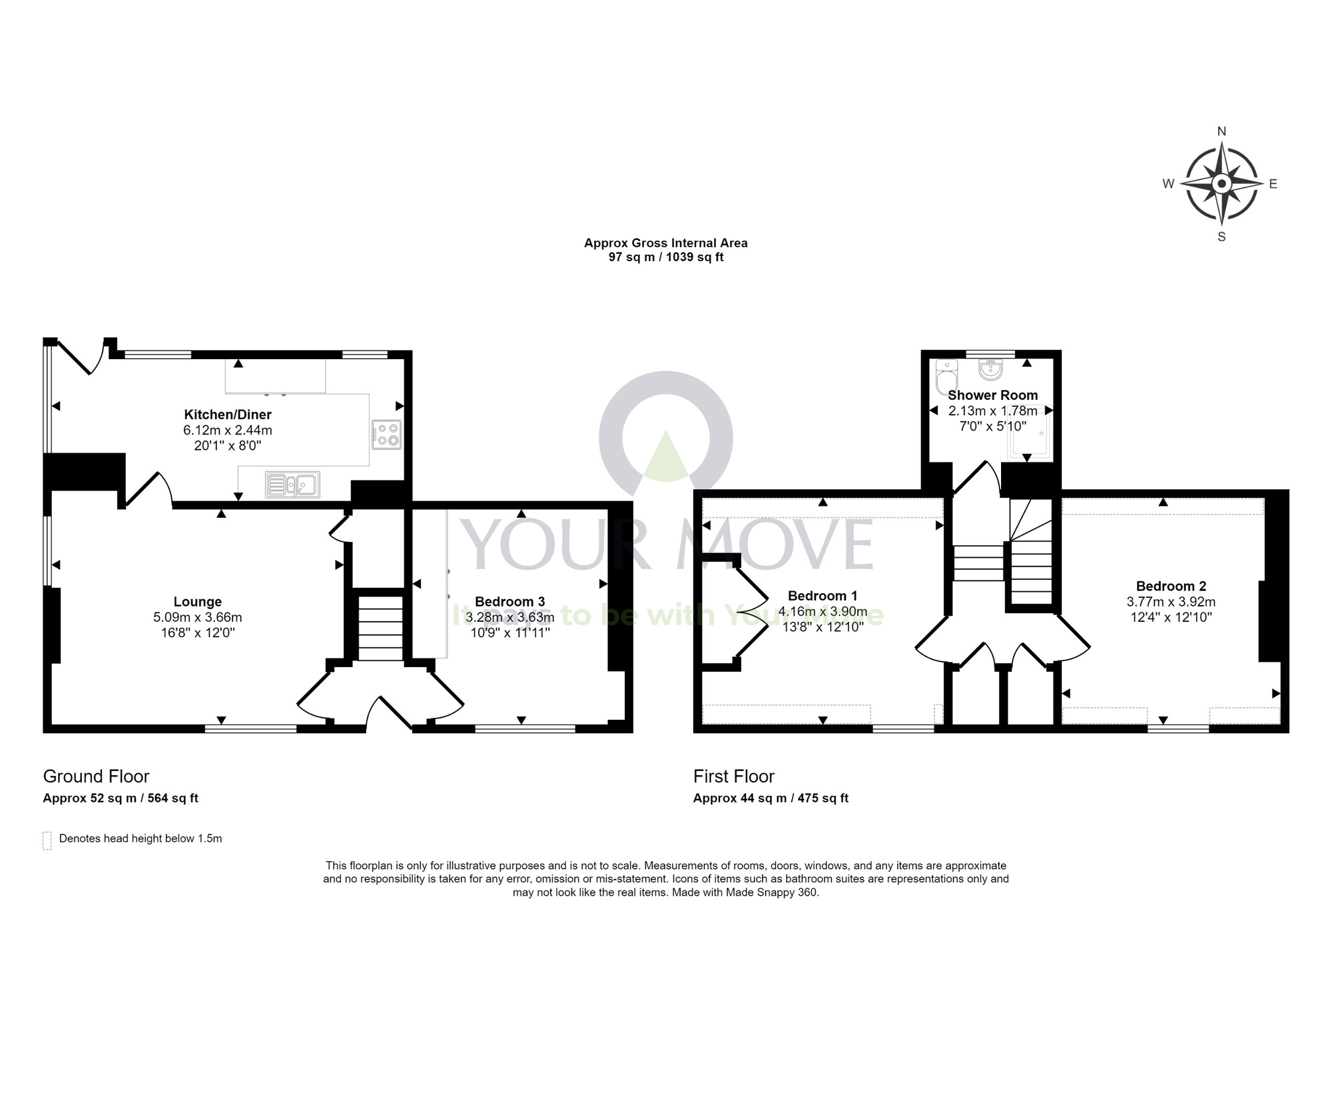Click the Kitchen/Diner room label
tap(228, 415)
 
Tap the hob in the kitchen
tap(387, 435)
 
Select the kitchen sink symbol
tap(292, 485)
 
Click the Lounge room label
tap(197, 602)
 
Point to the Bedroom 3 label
tap(509, 602)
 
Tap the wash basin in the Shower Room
tap(991, 369)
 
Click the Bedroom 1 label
tap(823, 596)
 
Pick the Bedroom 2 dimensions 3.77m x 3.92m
tap(1171, 602)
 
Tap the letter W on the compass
tap(1168, 184)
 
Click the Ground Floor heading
tap(96, 776)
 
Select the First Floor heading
tap(733, 776)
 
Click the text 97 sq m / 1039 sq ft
tap(665, 257)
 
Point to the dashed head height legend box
tap(47, 840)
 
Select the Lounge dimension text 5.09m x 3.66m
tap(197, 618)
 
